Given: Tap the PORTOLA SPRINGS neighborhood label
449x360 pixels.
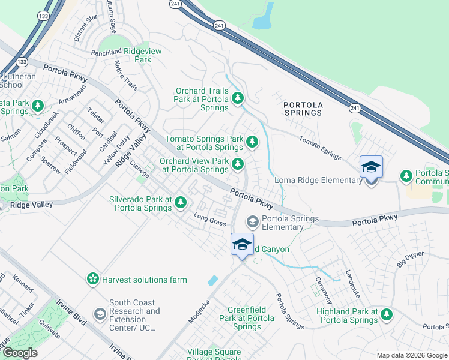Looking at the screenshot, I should pos(303,109).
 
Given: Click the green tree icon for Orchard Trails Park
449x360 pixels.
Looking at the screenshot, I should pos(238,97).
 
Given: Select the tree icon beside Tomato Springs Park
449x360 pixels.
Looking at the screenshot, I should pos(253,142).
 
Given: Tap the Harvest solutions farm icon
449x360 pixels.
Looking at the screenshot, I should pos(92,279).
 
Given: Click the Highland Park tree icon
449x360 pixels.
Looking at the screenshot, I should pos(387,314).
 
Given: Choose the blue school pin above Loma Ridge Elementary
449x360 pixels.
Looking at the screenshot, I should pos(371,167).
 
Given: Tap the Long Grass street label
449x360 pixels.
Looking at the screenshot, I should pos(209,220).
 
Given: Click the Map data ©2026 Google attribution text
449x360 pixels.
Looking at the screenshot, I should pos(411,355).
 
